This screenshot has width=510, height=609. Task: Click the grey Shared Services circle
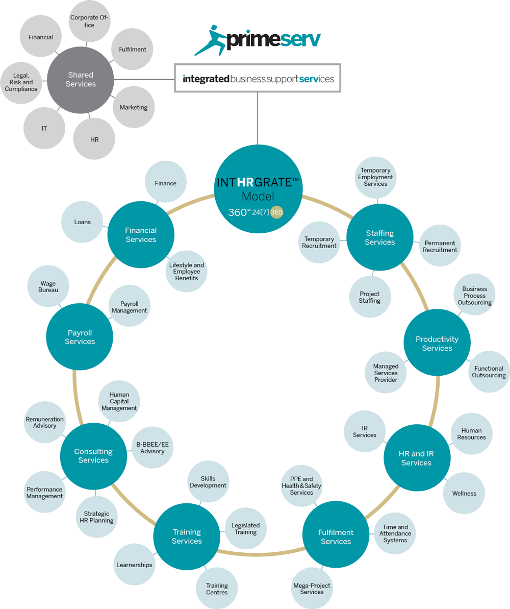(81, 80)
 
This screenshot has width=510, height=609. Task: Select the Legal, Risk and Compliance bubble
(21, 83)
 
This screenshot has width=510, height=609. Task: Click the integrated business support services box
(258, 78)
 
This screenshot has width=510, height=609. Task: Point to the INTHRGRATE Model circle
(258, 189)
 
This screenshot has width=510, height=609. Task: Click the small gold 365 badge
(276, 212)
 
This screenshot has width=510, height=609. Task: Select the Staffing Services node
(379, 237)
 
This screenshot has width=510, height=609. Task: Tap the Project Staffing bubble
(370, 297)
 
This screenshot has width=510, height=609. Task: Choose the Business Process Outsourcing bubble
(474, 295)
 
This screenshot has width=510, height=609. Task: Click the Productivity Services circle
(437, 343)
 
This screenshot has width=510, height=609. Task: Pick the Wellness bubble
(464, 493)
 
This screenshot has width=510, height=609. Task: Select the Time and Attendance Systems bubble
(395, 533)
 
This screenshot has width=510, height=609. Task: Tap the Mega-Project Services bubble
(312, 589)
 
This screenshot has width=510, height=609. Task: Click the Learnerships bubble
(134, 565)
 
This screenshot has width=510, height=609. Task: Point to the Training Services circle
(187, 537)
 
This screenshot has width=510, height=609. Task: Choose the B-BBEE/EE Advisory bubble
(152, 447)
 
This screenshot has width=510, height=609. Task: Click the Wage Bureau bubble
(48, 286)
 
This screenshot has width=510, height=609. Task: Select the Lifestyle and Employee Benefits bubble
(186, 272)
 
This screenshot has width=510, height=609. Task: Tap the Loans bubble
(82, 222)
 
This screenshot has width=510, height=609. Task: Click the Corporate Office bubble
(89, 21)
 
